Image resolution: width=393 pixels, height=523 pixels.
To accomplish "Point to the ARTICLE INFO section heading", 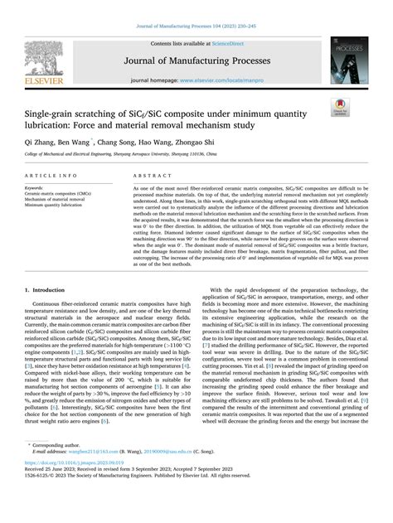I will click(53, 177).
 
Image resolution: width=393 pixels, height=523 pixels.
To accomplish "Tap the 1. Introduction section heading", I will click(52, 291).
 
